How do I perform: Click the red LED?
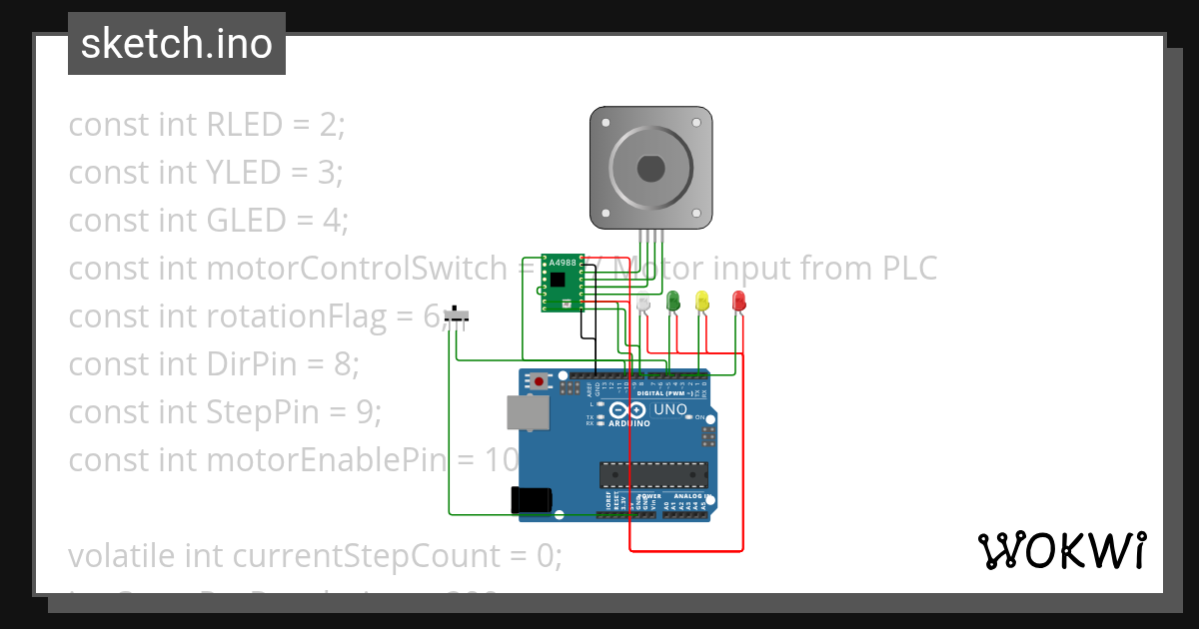coord(738,300)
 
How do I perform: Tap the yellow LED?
coord(701,300)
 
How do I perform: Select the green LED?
coord(673,300)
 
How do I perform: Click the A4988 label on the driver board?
coord(564,263)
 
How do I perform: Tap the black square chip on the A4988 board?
coord(559,281)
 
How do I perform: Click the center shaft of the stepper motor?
coord(650,169)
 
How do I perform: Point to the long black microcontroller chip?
coord(652,477)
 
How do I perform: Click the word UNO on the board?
coord(669,409)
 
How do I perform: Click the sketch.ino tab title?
coord(177,44)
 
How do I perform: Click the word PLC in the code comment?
coord(909,269)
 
